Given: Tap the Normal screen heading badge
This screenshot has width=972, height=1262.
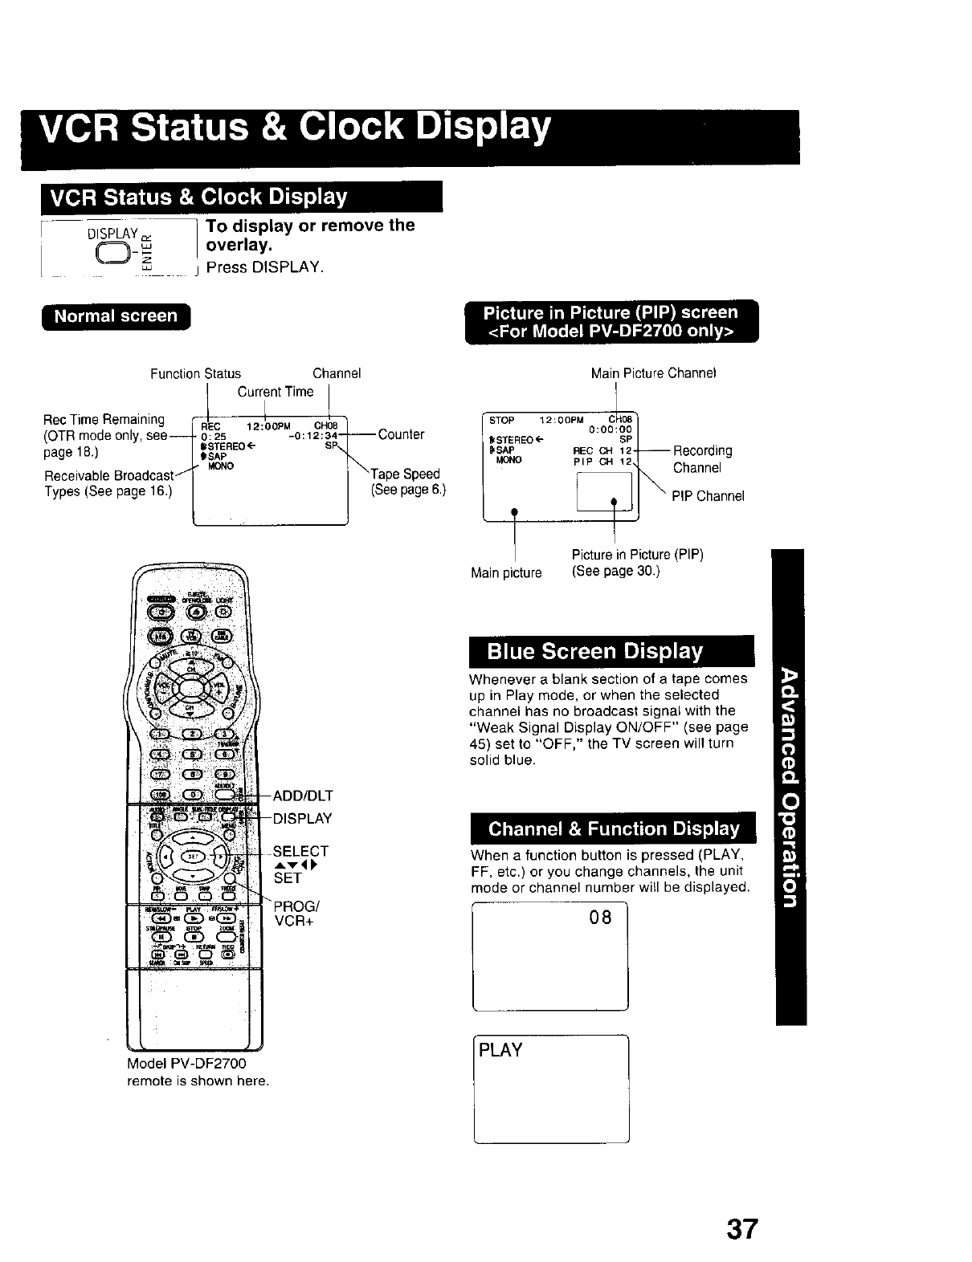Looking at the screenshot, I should click(116, 316).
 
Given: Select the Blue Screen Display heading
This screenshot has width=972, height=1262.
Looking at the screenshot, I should click(595, 651).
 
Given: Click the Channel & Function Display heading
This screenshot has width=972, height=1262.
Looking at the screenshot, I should click(614, 828).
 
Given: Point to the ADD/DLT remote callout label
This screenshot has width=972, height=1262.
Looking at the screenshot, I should click(303, 796).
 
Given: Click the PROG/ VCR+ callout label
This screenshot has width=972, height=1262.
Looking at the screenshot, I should click(296, 914).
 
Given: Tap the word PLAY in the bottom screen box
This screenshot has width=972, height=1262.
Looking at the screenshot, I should click(500, 1050).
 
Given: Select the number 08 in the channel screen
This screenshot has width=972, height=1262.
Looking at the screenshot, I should click(600, 917).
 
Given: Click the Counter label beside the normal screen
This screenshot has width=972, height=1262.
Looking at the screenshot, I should click(401, 434).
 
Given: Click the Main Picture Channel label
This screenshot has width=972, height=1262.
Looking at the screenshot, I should click(653, 373).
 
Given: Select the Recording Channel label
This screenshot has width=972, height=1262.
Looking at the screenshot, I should click(702, 459).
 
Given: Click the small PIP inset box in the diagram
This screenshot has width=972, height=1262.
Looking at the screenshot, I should click(606, 491).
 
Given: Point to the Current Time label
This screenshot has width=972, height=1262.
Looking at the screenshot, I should click(275, 392).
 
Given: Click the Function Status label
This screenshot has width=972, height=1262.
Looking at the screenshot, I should click(195, 373).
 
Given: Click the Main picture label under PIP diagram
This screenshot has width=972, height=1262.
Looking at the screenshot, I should click(506, 572).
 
